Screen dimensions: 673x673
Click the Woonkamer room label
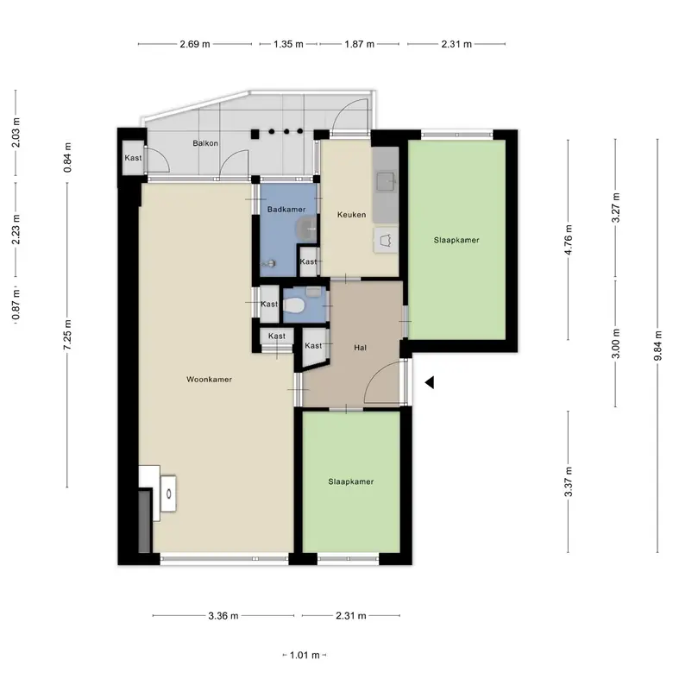pos(209,380)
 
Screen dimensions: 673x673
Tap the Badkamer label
pos(286,210)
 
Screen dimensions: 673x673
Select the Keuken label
pos(351,215)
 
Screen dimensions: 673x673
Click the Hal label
pos(360,348)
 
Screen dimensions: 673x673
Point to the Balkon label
pos(205,143)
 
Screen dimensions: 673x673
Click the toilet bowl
pos(293,305)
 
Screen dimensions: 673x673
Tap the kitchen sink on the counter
pos(386,181)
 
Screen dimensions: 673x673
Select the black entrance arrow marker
pos(429,382)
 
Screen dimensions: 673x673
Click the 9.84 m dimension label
pos(658,346)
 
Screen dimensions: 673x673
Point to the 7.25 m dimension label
pos(67,335)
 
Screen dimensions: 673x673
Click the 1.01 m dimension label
pos(305,656)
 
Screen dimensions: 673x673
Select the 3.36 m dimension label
pos(223,616)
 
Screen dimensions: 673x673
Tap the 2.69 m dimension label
pos(195,44)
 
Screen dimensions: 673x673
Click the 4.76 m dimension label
pos(569,240)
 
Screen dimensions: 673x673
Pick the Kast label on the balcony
pos(133,158)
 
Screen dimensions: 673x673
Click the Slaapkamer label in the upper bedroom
pos(456,241)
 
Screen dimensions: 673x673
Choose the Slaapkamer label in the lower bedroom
pos(350,482)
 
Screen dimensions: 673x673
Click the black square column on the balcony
pos(255,134)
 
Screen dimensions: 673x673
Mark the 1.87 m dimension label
pos(359,44)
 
